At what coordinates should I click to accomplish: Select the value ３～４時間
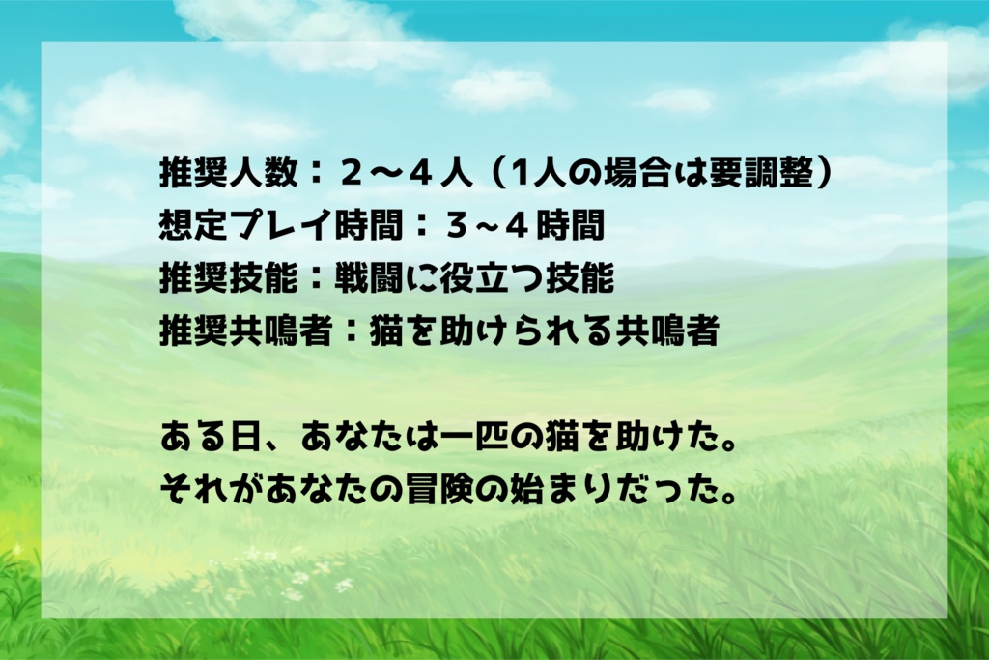pos(525,227)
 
